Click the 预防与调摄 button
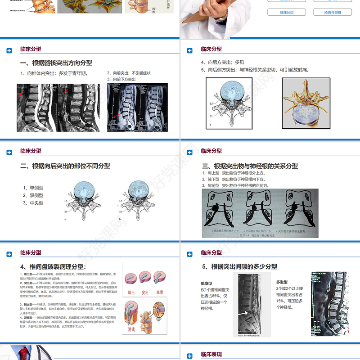pos(332,13)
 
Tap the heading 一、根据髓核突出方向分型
pos(56,63)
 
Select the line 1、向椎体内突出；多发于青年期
pos(54,73)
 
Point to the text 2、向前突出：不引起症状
pos(129,73)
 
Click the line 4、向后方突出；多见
pos(222,63)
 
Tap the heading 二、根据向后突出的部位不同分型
pos(65,166)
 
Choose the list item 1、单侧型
pos(33,188)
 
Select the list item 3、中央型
pos(33,203)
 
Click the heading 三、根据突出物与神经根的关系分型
pos(250,166)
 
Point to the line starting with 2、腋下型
pos(234,179)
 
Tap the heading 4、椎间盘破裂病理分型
pos(53,267)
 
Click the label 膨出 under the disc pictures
pos(131,292)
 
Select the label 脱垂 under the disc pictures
pos(159,292)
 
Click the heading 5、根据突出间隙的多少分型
pos(239,267)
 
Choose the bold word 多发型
pos(282,282)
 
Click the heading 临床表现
pos(211,355)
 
